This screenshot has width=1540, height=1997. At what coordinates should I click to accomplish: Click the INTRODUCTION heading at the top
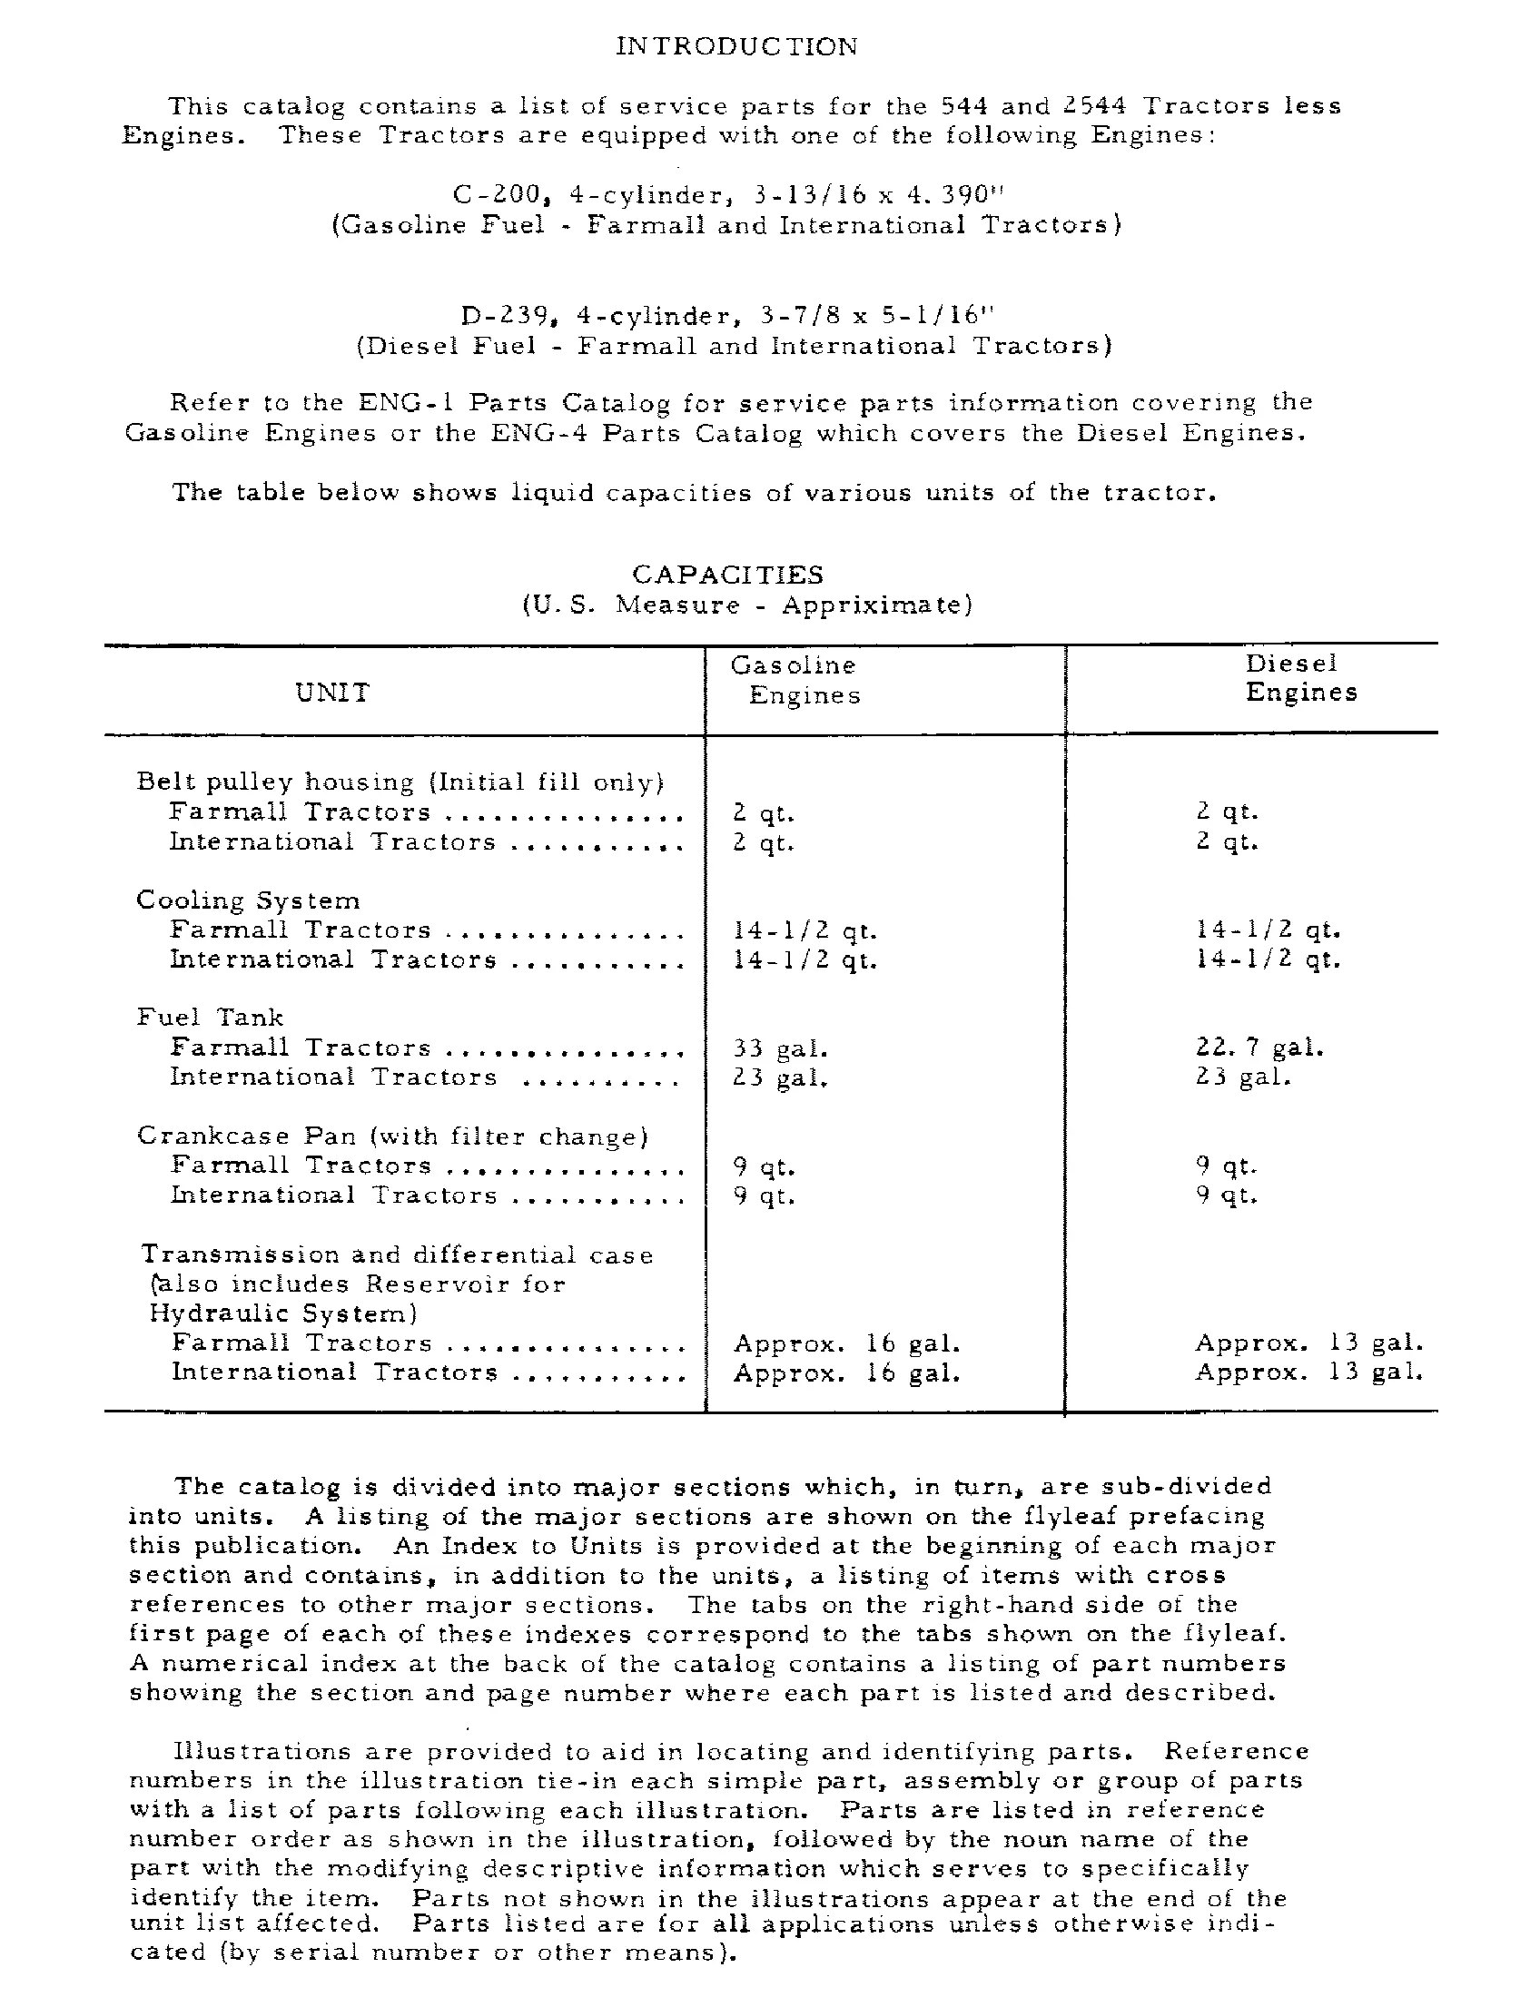tap(737, 46)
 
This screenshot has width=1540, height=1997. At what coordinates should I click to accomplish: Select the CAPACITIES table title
tap(728, 575)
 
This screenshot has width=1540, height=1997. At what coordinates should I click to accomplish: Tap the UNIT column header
tap(332, 693)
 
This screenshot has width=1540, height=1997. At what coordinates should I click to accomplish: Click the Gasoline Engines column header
tap(795, 679)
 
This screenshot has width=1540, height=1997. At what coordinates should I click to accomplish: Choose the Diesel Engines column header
tap(1299, 677)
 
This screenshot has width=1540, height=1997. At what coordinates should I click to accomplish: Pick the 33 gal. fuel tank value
tap(780, 1048)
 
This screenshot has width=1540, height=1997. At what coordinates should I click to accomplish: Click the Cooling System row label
tap(248, 900)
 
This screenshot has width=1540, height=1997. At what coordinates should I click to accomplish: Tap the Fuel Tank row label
tap(210, 1018)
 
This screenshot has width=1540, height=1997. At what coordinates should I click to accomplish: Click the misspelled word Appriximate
tap(876, 605)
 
